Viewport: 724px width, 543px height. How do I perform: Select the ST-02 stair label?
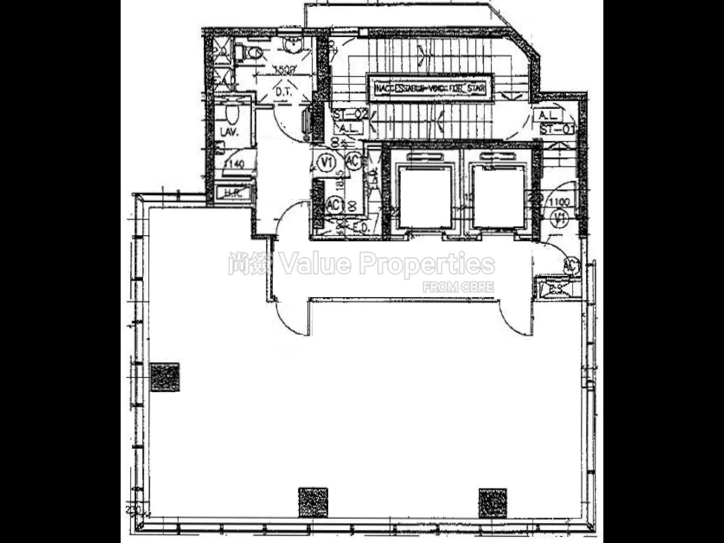(x=350, y=114)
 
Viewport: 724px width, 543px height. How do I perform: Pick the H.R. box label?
(x=233, y=193)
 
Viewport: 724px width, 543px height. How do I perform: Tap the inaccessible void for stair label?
(x=430, y=89)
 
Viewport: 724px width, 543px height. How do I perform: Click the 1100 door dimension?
(x=559, y=202)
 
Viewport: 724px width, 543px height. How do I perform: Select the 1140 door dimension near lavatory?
(x=234, y=164)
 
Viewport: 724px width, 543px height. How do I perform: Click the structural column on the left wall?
(x=165, y=377)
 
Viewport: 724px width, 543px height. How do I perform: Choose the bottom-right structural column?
(x=492, y=503)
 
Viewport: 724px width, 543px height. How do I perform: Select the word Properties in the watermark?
(x=426, y=264)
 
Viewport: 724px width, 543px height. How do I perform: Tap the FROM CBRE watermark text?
(x=458, y=287)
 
